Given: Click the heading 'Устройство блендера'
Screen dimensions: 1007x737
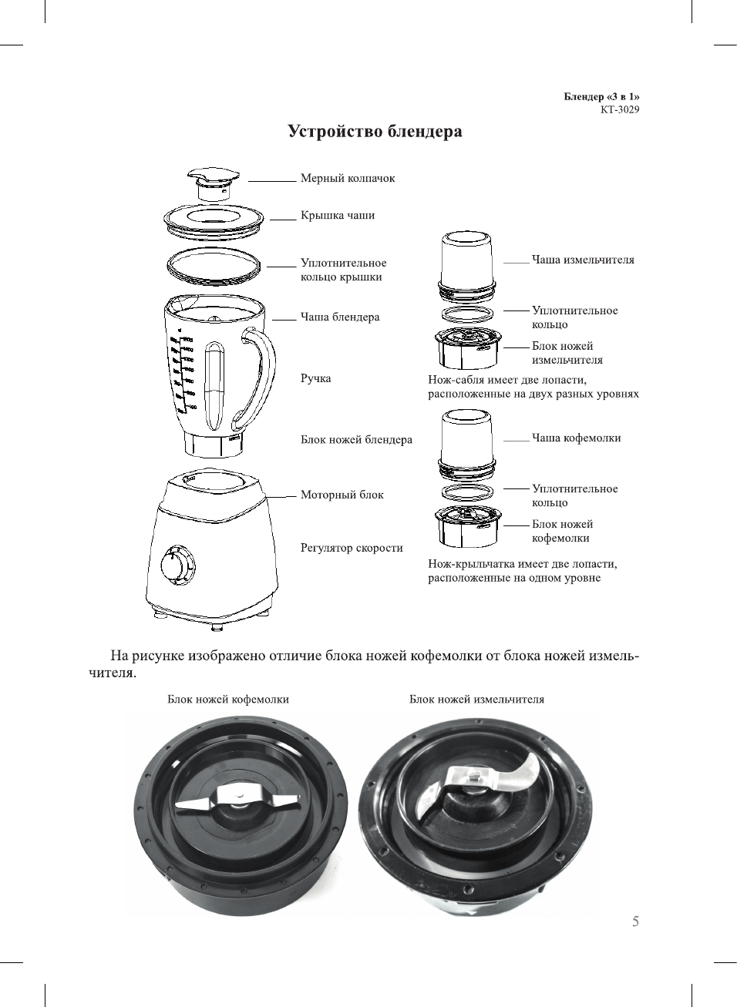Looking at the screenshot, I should point(375,132).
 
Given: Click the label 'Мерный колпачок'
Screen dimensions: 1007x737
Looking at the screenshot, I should point(347,179).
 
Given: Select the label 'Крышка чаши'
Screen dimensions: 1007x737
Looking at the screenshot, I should point(337,216).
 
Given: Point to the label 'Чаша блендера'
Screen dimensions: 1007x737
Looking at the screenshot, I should point(339,317).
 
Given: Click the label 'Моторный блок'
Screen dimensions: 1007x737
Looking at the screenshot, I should point(342,495).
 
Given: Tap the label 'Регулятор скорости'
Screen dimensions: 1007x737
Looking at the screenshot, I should point(352,549).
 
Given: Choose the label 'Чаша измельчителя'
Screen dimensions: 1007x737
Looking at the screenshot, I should point(583,260).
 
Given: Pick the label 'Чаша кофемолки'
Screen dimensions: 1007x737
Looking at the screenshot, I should point(576,438).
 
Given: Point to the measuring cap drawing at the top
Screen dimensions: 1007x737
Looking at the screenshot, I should point(210,183).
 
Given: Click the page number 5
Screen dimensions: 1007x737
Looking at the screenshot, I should point(635,921).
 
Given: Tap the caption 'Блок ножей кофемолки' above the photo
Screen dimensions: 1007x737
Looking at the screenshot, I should point(228,700).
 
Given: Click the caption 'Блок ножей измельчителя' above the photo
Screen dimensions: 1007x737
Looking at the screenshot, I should point(476,700).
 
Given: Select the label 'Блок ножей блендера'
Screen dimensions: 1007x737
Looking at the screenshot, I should point(356,440).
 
